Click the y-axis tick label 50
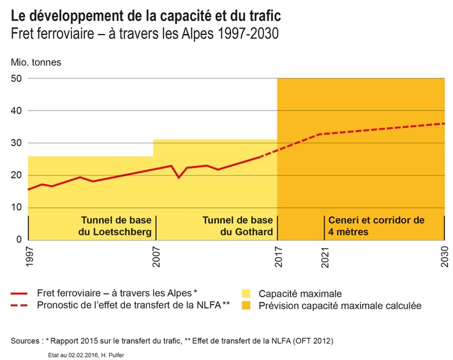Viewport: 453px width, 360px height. tap(17, 79)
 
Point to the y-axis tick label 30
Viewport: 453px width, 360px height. tap(17, 143)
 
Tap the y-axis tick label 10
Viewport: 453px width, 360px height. tap(17, 207)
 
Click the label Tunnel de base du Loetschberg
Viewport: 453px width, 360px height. tap(114, 226)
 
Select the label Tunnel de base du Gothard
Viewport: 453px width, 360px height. tap(238, 226)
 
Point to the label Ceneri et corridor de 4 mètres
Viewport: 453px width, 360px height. tap(376, 226)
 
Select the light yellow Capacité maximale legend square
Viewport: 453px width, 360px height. tap(246, 294)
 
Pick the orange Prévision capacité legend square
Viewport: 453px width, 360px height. tap(246, 306)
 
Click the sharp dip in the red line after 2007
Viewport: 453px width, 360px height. tap(179, 177)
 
